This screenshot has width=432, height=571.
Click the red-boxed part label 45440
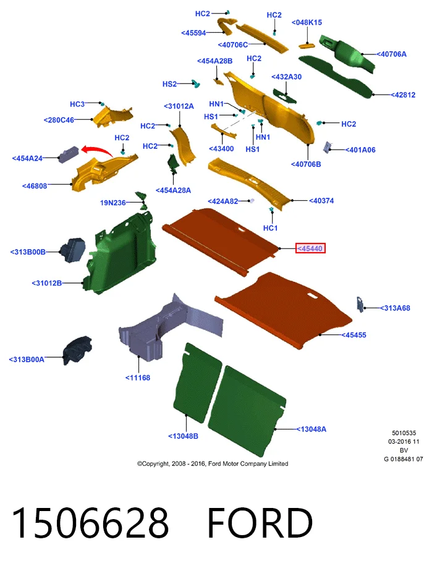(310, 248)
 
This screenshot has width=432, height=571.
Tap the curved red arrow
(97, 150)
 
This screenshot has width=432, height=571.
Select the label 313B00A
(27, 360)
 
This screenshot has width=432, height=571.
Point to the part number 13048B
(183, 436)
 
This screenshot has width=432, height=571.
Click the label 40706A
(392, 54)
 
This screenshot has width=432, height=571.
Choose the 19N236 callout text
(113, 203)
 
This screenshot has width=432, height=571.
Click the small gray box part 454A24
(69, 154)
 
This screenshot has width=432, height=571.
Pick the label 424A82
(223, 201)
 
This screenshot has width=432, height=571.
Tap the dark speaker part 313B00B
(72, 250)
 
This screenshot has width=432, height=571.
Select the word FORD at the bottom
(260, 523)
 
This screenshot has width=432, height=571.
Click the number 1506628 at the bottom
(90, 523)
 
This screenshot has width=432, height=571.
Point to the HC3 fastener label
(77, 104)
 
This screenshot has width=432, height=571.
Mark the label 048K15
(307, 23)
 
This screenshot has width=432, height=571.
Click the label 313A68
(395, 308)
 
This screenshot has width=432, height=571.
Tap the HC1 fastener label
(270, 228)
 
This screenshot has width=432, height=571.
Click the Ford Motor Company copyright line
(213, 463)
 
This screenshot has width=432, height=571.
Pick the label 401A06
(360, 150)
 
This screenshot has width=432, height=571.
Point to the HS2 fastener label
(169, 84)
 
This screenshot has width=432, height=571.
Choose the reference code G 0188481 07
(404, 459)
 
